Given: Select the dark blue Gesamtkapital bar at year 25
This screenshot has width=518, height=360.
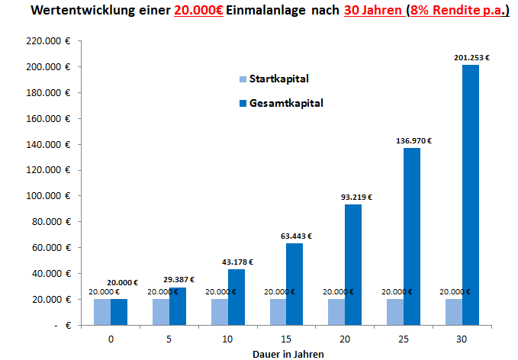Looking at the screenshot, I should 412,236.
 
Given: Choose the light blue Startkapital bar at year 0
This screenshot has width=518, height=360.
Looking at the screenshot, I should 101,311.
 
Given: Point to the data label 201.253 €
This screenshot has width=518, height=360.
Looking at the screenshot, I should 471,57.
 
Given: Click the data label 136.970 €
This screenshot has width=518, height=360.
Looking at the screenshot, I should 412,140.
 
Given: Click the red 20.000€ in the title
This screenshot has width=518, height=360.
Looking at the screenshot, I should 198,14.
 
